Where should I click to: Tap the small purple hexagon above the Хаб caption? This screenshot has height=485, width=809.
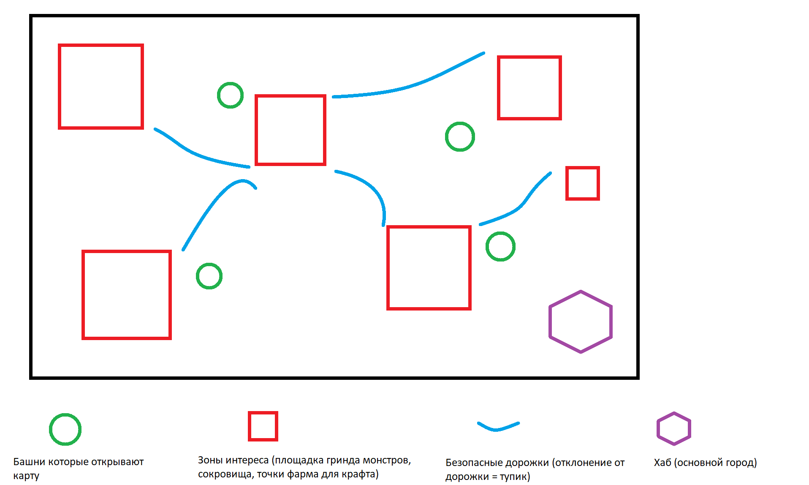pos(658,429)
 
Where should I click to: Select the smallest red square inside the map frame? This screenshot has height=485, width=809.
pos(567,183)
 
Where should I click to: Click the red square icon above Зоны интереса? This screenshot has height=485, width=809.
pos(249,426)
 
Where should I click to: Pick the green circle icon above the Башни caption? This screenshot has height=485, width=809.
pos(50,429)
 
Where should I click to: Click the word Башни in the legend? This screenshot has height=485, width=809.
pos(29,462)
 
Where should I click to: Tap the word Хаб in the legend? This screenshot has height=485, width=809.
pos(662,463)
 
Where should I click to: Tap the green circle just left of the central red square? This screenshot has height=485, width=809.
pos(218,95)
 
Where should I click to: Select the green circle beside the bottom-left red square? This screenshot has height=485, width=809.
pos(197,276)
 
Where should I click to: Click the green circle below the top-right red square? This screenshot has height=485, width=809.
pos(446,136)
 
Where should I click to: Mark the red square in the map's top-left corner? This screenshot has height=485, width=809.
pos(60,86)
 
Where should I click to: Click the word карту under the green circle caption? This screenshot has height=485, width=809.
pos(26,476)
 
